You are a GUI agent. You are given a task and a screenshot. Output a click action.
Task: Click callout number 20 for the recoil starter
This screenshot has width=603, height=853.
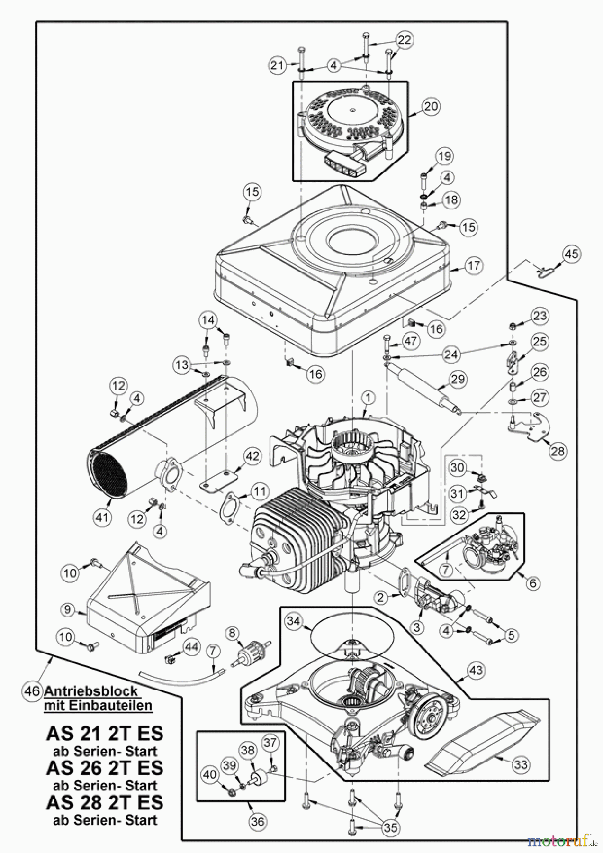point(431,106)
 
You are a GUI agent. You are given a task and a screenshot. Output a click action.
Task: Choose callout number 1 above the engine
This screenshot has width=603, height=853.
point(368,397)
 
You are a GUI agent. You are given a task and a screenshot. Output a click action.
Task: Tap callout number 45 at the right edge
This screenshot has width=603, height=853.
point(571,254)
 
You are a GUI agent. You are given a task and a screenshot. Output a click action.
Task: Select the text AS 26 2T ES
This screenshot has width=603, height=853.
point(105,768)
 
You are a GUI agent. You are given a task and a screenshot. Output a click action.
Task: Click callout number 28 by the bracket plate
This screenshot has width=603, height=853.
point(558,451)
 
